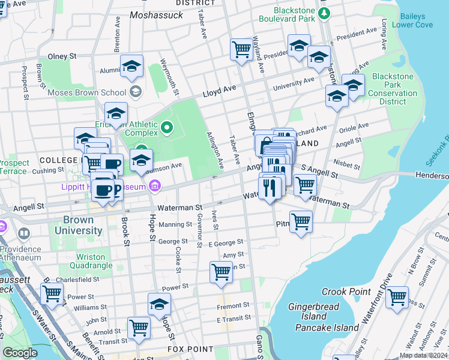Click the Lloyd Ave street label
219,92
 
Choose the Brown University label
78,226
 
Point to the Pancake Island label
327,328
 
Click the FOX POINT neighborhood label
190,349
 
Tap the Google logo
20,353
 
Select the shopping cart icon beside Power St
52,294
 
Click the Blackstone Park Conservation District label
393,89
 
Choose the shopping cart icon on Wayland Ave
242,49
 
